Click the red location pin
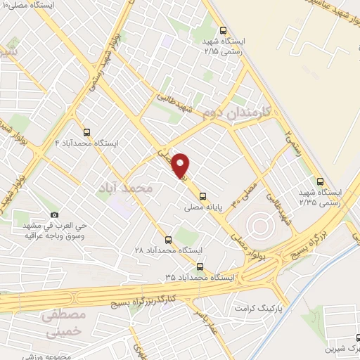coord(181,165)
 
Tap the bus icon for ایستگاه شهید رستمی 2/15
coord(223,30)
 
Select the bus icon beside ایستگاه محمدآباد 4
coord(87,131)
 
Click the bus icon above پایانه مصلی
coord(203,196)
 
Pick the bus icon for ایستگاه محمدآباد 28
coord(167,239)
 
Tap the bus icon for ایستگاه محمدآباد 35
coord(201,266)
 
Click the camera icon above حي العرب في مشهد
coord(53,214)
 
